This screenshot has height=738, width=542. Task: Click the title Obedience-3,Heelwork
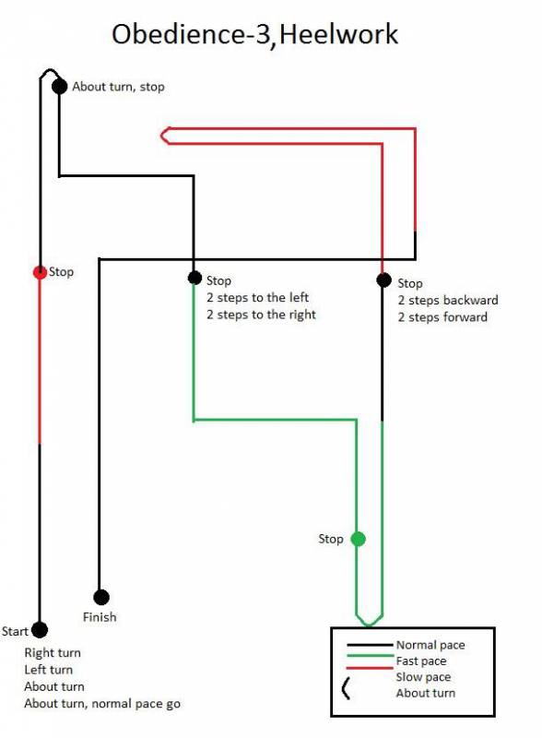click(x=254, y=34)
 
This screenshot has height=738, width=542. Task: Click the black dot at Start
click(x=40, y=630)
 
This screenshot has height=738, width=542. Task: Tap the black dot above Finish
click(x=101, y=597)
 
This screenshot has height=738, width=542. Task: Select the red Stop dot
click(x=40, y=272)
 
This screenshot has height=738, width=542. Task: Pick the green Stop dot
click(x=358, y=539)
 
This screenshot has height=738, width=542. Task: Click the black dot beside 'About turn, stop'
click(x=59, y=86)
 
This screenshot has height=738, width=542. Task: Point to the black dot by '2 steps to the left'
click(x=194, y=278)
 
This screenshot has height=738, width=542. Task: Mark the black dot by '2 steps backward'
click(x=383, y=280)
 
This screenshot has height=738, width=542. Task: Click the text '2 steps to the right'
click(x=261, y=315)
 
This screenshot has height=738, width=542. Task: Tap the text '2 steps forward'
click(x=442, y=317)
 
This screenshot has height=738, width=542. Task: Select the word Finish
click(x=100, y=617)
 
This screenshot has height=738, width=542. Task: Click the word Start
click(x=15, y=631)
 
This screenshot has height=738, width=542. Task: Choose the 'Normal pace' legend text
click(x=430, y=645)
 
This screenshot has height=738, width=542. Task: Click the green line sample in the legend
click(x=370, y=656)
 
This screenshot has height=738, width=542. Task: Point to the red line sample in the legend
click(x=370, y=668)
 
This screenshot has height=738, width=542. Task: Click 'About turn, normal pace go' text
click(x=102, y=704)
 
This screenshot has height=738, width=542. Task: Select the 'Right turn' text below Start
click(x=53, y=653)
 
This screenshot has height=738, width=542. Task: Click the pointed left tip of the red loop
click(x=161, y=136)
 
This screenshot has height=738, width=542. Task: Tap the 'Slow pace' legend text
click(x=423, y=677)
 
